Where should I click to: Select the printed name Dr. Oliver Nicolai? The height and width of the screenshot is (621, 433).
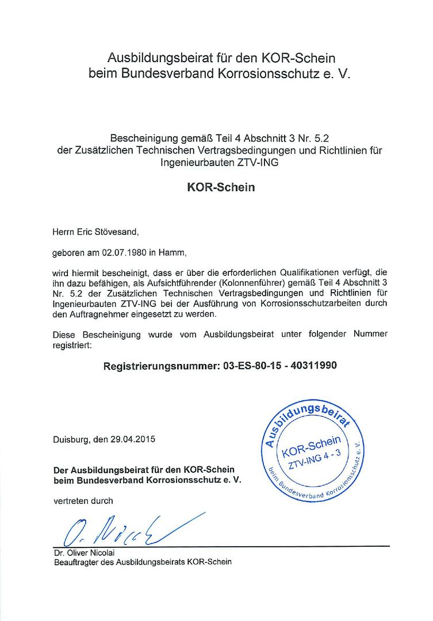(x=83, y=553)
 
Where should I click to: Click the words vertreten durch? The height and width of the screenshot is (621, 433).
(x=83, y=501)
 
